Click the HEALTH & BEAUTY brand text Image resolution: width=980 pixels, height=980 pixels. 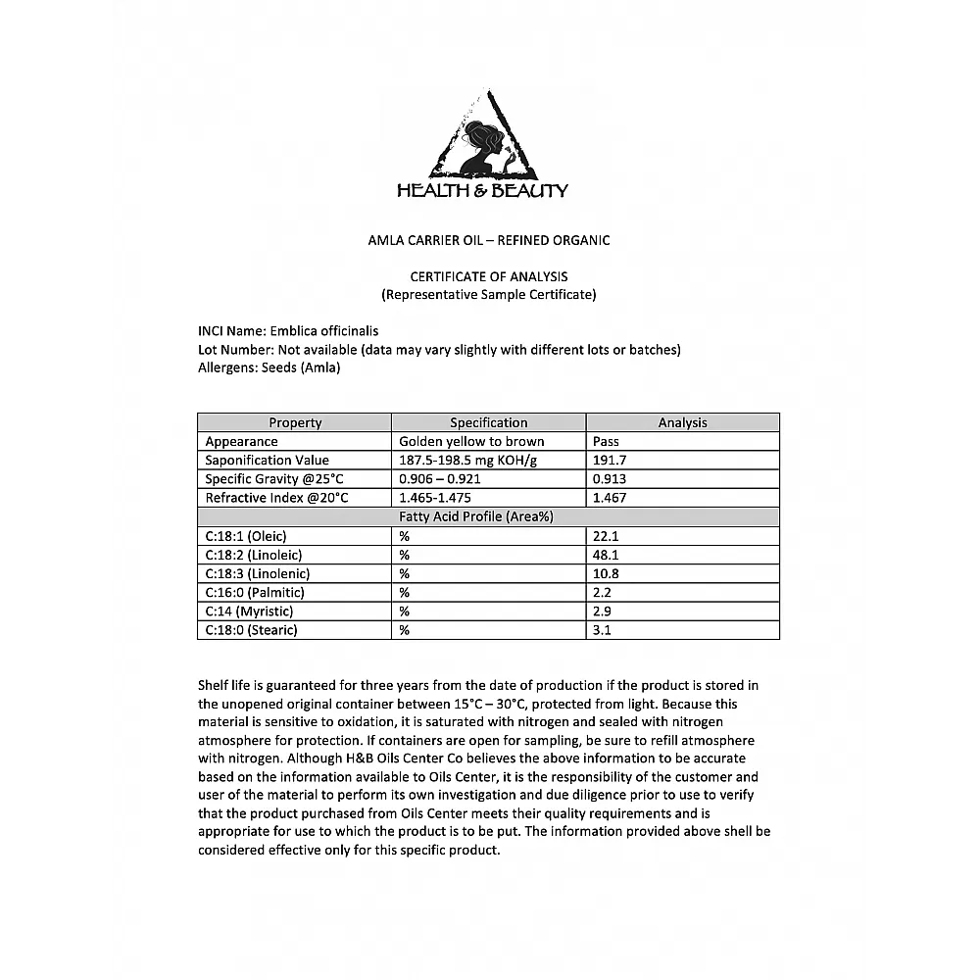tap(482, 191)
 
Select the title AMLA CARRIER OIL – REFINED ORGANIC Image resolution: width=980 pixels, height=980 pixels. tap(488, 240)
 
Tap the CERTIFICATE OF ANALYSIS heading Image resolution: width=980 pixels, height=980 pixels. tap(488, 276)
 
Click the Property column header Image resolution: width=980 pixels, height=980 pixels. tap(295, 422)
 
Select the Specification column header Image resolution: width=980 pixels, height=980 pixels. tap(488, 422)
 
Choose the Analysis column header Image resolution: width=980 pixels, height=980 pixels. tap(682, 422)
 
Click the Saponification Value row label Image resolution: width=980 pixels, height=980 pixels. tap(267, 460)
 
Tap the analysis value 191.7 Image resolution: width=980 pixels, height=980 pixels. tap(610, 460)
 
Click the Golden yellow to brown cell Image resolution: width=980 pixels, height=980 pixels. tap(471, 441)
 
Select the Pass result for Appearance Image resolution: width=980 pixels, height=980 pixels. tap(606, 441)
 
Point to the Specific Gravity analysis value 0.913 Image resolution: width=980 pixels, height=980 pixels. tap(610, 478)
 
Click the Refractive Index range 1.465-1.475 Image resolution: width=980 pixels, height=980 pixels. tap(440, 497)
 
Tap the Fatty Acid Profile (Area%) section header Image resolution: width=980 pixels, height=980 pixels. tap(488, 516)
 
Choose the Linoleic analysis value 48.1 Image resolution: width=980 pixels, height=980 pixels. tap(606, 555)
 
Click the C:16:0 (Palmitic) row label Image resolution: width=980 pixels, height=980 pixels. tap(255, 592)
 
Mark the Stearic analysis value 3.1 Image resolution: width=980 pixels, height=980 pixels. tap(602, 630)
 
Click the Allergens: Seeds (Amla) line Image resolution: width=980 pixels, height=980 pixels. tap(269, 367)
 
